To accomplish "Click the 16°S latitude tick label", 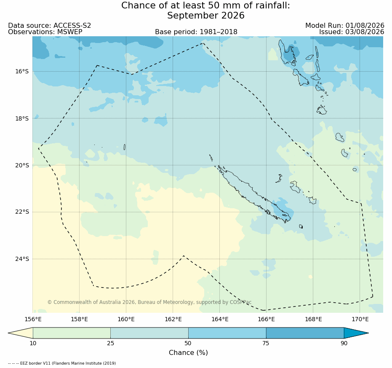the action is coord(22,72).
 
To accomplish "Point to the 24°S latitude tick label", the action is coord(22,259).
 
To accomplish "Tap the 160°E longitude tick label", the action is coord(126,320).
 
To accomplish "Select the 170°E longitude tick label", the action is coord(360,320).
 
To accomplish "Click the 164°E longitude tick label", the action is coord(220,320).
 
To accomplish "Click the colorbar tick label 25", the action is coord(110,343).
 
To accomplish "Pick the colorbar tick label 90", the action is coord(344,343).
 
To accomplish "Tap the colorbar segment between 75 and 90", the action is coord(305,333).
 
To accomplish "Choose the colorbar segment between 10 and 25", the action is coord(72,333).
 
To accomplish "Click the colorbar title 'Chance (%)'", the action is coord(188,352).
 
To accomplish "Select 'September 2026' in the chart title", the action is coord(206,16).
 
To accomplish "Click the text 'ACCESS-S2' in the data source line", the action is coord(72,26).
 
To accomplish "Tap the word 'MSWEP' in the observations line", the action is coord(70,32).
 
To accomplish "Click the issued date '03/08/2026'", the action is coord(365,32).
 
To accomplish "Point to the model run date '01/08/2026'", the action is coord(365,26).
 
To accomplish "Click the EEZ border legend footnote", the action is coord(62,363).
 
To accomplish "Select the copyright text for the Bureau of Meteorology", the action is coord(149,302).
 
